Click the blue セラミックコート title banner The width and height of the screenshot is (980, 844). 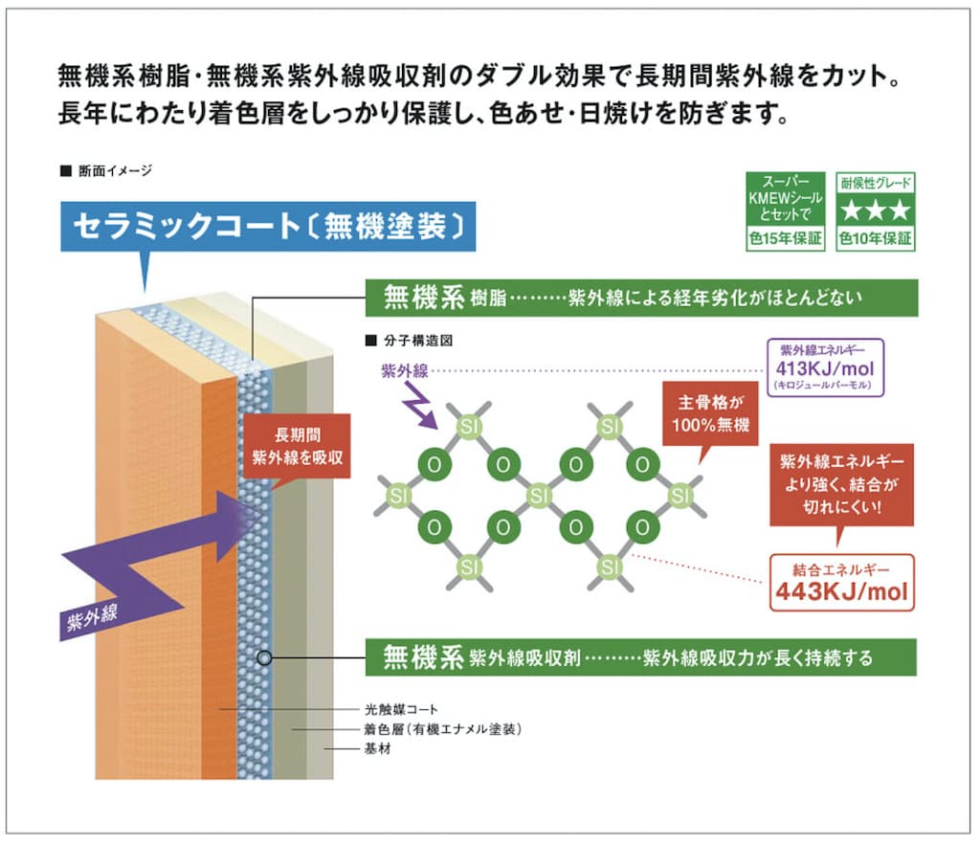pos(268,227)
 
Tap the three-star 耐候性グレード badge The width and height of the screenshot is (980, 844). pos(875,211)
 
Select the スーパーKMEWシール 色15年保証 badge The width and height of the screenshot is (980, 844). pos(785,211)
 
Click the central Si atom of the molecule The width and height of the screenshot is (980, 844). pos(539,496)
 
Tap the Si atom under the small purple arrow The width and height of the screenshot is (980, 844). pos(468,425)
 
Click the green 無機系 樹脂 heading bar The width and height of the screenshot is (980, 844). pos(640,298)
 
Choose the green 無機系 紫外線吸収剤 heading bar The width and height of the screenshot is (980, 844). pos(640,657)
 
